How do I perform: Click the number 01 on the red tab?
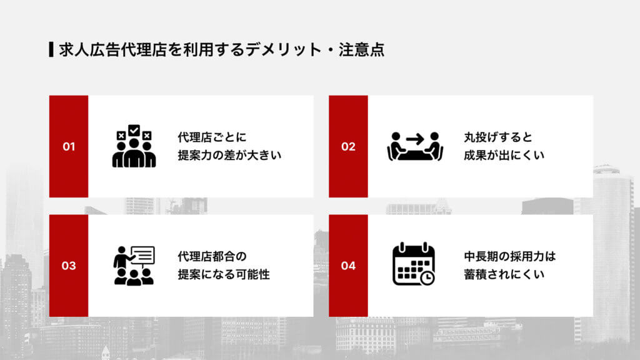click(x=69, y=147)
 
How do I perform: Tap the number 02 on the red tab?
click(x=348, y=147)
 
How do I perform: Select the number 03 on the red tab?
click(x=69, y=266)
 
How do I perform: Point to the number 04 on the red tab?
click(x=348, y=266)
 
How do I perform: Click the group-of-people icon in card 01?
click(x=134, y=147)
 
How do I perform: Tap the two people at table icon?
click(x=414, y=147)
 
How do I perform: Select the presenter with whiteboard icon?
click(x=134, y=266)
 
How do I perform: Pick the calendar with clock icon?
click(x=413, y=264)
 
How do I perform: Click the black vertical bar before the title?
click(x=51, y=49)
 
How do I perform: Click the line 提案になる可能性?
click(x=224, y=274)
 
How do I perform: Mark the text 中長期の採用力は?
click(x=509, y=256)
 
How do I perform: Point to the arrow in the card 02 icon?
click(x=414, y=138)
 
